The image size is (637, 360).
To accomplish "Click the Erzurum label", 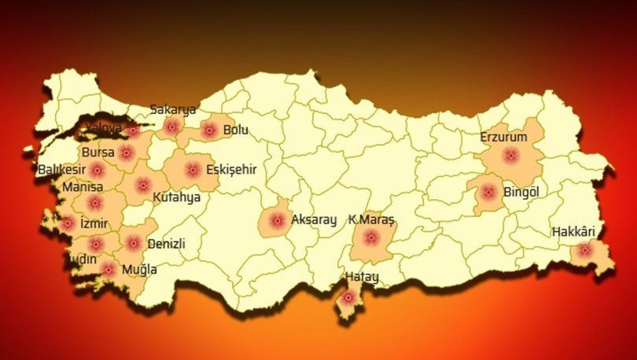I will point(504,138).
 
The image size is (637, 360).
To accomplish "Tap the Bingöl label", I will point(520,191).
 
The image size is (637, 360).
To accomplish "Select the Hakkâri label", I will point(573,232).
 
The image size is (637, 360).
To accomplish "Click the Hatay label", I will point(362,277).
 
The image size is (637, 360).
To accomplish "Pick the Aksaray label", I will point(314,220).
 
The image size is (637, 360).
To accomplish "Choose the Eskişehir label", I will point(231,169).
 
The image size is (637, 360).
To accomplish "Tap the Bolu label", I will point(235,130).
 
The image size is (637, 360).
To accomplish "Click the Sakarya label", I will point(173,109).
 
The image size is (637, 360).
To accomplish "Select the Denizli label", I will point(166,244).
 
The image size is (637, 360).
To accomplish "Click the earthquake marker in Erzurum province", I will point(510,156).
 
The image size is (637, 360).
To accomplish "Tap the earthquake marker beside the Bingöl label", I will point(488,191).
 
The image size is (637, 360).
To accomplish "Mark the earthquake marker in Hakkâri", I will point(584,251).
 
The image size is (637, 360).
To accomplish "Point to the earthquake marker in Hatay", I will point(347,298).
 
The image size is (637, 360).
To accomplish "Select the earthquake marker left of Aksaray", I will point(277,222).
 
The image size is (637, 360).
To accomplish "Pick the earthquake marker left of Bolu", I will point(208,130).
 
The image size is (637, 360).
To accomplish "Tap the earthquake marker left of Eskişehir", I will point(192,168).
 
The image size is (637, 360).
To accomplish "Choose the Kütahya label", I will point(176,197).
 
